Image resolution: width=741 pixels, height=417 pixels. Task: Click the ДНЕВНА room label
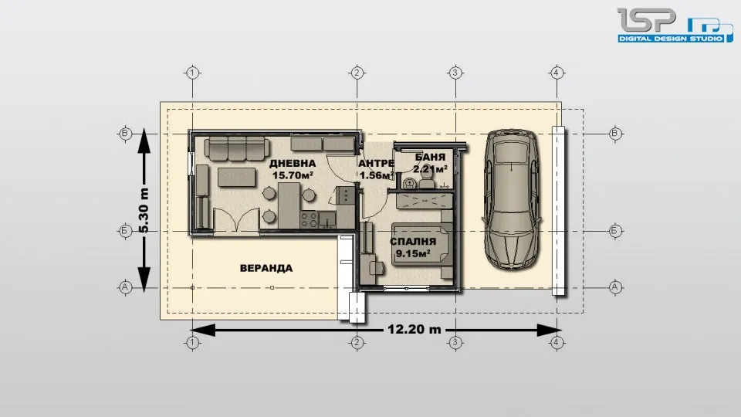(x=293, y=164)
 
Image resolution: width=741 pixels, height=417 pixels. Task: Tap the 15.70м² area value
(x=293, y=175)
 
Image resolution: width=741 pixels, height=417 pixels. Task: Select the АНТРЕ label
(x=376, y=164)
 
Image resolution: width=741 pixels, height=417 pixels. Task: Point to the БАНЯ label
(x=430, y=158)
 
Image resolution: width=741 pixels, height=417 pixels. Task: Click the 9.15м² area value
(x=412, y=253)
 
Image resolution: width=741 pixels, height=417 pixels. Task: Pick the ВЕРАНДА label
(x=266, y=268)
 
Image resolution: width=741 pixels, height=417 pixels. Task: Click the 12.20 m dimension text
(x=414, y=329)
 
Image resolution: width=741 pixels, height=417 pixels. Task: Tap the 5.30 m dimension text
(x=144, y=210)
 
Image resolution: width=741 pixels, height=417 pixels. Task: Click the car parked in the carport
(x=512, y=199)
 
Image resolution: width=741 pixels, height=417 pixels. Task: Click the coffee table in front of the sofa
(x=237, y=178)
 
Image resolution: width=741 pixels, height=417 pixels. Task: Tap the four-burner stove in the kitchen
(x=309, y=219)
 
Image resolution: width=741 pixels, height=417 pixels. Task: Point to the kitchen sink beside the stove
(x=327, y=219)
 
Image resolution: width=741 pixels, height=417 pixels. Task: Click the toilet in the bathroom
(x=427, y=178)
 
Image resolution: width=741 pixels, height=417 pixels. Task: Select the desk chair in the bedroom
(x=377, y=266)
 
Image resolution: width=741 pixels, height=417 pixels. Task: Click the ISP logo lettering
(x=647, y=20)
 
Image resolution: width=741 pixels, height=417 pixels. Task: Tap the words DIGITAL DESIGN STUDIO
(x=670, y=39)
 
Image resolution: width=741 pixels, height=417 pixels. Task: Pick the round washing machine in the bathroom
(x=409, y=182)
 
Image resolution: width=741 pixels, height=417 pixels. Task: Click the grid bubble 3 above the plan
(x=455, y=73)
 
